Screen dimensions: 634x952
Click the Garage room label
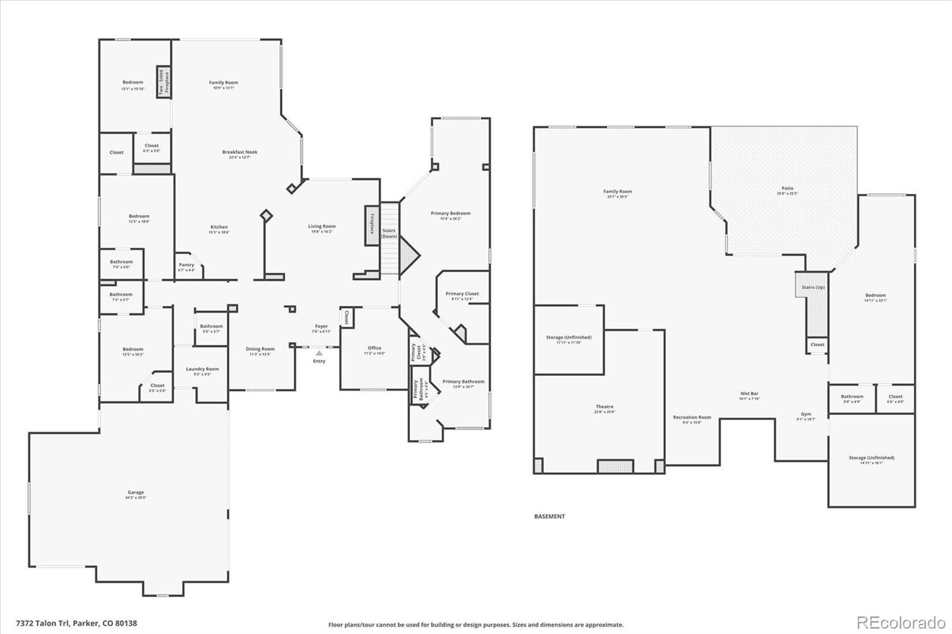(136, 492)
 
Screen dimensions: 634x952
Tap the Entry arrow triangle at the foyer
(319, 353)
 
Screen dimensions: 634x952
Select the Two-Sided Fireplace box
(164, 82)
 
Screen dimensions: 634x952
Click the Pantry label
(186, 265)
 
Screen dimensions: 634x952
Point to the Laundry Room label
(202, 369)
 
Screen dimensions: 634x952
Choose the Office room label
(374, 349)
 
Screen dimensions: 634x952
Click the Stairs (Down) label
(389, 233)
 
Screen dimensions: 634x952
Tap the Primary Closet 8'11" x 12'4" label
(462, 294)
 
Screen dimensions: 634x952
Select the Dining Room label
(260, 350)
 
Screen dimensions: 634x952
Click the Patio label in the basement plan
(787, 189)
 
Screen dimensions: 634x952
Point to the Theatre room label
(605, 407)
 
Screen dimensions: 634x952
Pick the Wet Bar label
(749, 394)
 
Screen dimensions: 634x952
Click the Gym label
(806, 415)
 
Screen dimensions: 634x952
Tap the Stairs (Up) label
(813, 287)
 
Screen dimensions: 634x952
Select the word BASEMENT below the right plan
(549, 516)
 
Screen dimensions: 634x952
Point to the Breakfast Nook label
(240, 152)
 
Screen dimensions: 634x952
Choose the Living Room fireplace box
(372, 225)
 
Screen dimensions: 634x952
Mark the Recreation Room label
(692, 418)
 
